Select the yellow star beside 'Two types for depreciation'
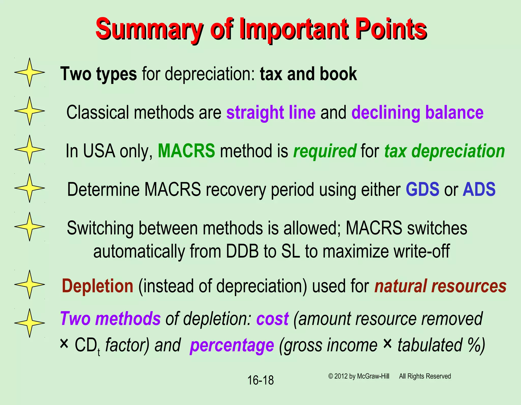pyautogui.click(x=30, y=72)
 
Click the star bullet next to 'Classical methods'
pyautogui.click(x=30, y=111)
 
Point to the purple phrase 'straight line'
pyautogui.click(x=271, y=112)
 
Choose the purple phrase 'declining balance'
pyautogui.click(x=417, y=112)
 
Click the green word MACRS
pyautogui.click(x=186, y=151)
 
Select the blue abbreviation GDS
pyautogui.click(x=422, y=189)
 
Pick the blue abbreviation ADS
pyautogui.click(x=479, y=189)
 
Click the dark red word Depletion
pyautogui.click(x=97, y=286)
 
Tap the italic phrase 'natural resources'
pyautogui.click(x=440, y=286)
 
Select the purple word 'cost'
pyautogui.click(x=272, y=319)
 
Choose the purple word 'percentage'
pyautogui.click(x=232, y=345)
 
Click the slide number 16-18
pyautogui.click(x=260, y=380)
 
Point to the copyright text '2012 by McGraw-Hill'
pyautogui.click(x=361, y=376)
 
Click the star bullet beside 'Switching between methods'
pyautogui.click(x=30, y=227)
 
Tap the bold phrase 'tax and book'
pyautogui.click(x=308, y=74)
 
